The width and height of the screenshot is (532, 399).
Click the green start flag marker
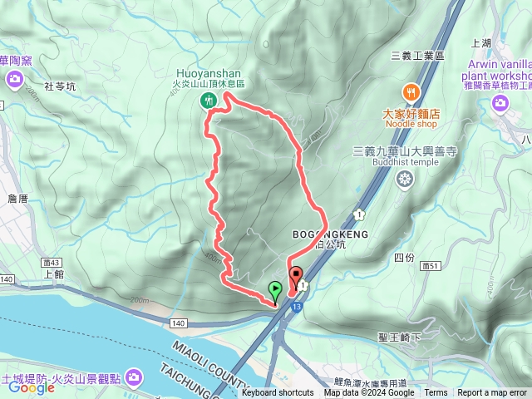click(275, 290)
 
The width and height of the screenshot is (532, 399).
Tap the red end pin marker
click(295, 277)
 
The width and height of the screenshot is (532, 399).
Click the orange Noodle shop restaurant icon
click(410, 91)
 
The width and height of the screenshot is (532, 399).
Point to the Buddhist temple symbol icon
click(405, 179)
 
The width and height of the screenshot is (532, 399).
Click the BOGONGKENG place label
click(330, 235)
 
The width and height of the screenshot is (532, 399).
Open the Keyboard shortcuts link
click(278, 393)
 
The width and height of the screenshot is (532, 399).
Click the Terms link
click(436, 393)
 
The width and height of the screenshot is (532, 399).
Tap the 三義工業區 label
click(417, 55)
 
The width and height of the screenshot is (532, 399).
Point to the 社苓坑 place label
click(59, 86)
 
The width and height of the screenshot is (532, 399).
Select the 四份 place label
click(404, 258)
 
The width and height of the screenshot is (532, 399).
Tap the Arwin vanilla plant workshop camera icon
click(500, 102)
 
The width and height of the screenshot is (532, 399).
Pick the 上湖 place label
click(480, 42)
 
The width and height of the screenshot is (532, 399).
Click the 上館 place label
click(53, 273)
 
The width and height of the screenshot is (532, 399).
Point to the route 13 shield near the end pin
click(296, 306)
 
